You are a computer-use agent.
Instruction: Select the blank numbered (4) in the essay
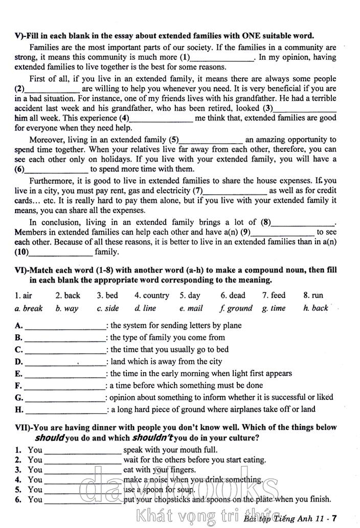point(162,119)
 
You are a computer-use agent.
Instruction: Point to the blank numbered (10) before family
point(61,252)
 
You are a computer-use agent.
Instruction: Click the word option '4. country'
point(151,295)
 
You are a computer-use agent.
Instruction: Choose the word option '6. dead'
point(233,295)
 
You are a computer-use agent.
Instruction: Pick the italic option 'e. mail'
point(191,308)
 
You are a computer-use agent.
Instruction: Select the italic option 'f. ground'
point(236,308)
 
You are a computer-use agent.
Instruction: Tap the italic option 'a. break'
point(29,308)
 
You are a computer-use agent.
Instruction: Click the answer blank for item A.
point(65,326)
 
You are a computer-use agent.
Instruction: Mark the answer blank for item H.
point(65,410)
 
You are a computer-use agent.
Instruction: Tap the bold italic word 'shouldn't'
point(152,438)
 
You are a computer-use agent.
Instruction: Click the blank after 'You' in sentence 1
point(83,450)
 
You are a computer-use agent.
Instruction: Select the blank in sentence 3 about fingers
point(83,470)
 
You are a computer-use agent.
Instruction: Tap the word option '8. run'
point(313,295)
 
